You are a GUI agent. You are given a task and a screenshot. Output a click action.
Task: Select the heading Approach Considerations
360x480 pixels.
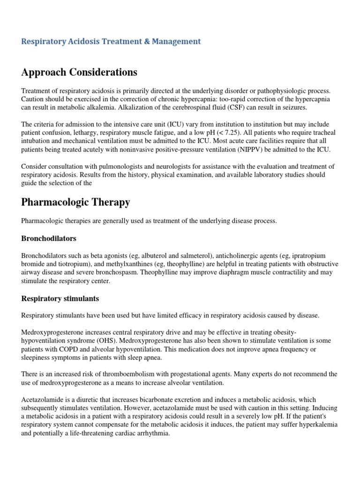tap(79, 72)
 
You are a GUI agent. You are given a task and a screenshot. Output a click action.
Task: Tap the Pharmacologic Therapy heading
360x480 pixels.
tap(75, 202)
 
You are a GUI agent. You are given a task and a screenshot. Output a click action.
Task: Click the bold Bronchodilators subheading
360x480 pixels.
tap(49, 239)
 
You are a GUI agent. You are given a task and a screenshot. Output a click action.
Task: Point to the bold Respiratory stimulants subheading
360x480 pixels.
tap(60, 299)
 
